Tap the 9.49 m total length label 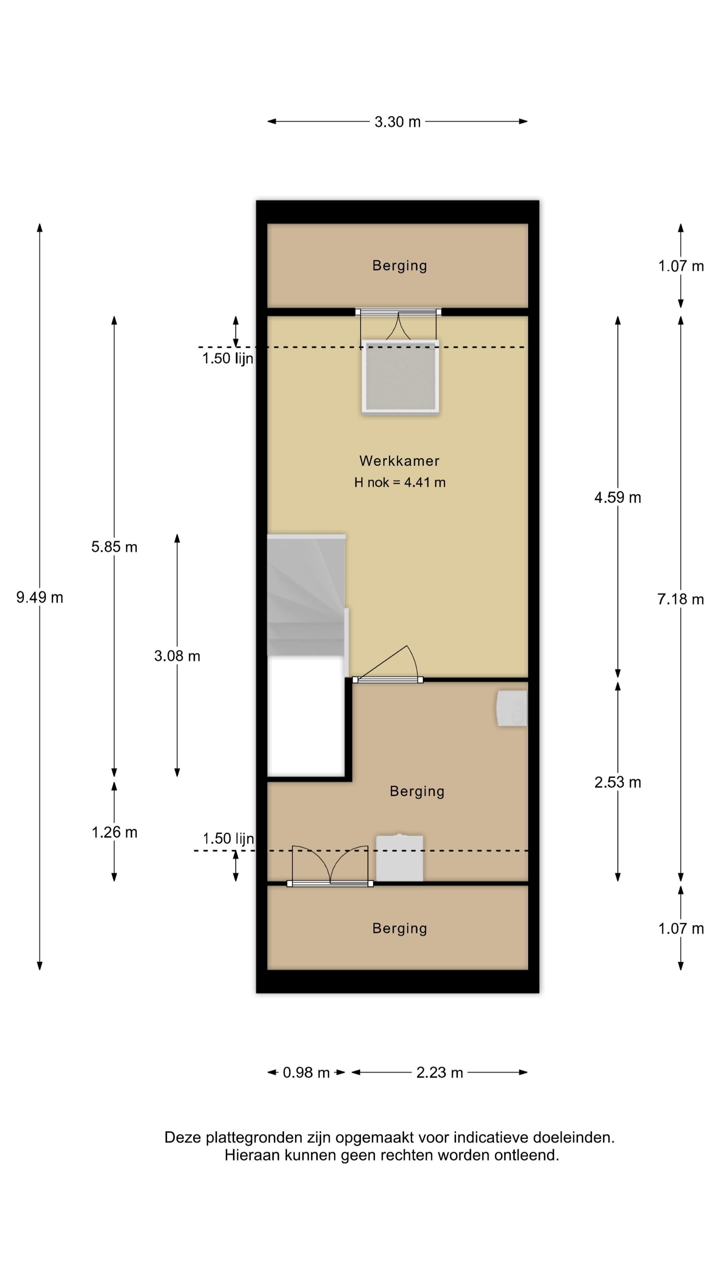pyautogui.click(x=40, y=597)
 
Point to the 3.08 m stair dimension pyautogui.click(x=177, y=656)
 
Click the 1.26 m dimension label pyautogui.click(x=114, y=832)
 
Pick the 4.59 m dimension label pyautogui.click(x=618, y=497)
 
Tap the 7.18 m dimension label pyautogui.click(x=680, y=599)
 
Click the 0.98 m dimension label pyautogui.click(x=306, y=1073)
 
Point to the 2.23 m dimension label pyautogui.click(x=439, y=1073)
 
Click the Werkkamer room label pyautogui.click(x=400, y=461)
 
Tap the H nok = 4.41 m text pyautogui.click(x=400, y=482)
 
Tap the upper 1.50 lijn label pyautogui.click(x=228, y=358)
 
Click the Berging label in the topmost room pyautogui.click(x=400, y=266)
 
